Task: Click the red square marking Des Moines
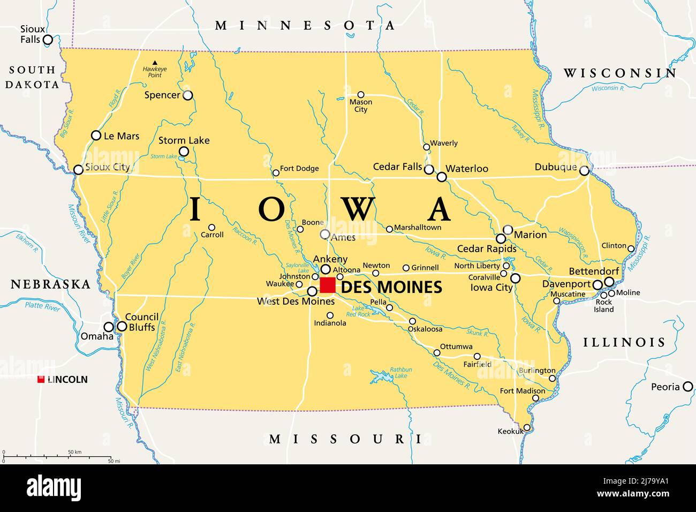(328, 285)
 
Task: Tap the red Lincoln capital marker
(41, 380)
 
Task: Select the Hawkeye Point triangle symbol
(155, 63)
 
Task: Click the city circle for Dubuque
(584, 171)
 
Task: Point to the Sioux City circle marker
(78, 170)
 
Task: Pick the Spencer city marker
(187, 95)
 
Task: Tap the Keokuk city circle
(527, 427)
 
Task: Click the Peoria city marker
(687, 387)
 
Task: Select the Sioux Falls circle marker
(48, 40)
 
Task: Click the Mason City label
(361, 106)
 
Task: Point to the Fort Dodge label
(299, 169)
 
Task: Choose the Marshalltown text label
(418, 228)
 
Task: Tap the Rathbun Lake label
(402, 373)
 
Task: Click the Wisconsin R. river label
(608, 88)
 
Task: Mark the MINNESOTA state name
(305, 25)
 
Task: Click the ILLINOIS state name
(624, 342)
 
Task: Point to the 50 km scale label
(74, 453)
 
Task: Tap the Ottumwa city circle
(437, 352)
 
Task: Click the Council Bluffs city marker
(122, 326)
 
